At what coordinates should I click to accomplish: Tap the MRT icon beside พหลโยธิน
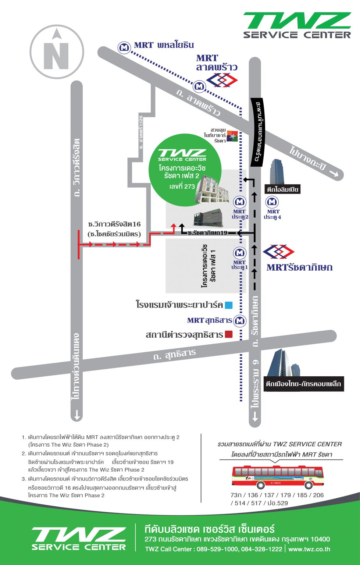pyautogui.click(x=124, y=47)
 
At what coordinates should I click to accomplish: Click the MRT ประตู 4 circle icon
pyautogui.click(x=272, y=202)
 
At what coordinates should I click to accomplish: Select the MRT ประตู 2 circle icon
pyautogui.click(x=240, y=202)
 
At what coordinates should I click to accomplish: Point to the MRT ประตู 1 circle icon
pyautogui.click(x=240, y=253)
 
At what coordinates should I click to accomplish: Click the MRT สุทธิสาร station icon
pyautogui.click(x=240, y=321)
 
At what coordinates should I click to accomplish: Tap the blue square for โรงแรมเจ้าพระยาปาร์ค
pyautogui.click(x=229, y=305)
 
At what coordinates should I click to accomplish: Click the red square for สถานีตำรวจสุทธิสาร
pyautogui.click(x=229, y=334)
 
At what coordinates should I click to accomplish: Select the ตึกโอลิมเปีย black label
pyautogui.click(x=282, y=189)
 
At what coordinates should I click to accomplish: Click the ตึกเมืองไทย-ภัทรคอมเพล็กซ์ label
pyautogui.click(x=304, y=384)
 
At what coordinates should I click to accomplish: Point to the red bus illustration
pyautogui.click(x=277, y=477)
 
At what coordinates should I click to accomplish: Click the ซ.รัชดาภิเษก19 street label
pyautogui.click(x=207, y=233)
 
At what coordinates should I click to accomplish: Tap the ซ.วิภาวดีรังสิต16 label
pyautogui.click(x=114, y=224)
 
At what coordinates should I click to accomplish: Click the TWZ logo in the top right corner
pyautogui.click(x=297, y=25)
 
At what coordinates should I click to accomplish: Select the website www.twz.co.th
pyautogui.click(x=309, y=549)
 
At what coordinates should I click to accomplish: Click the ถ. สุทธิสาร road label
pyautogui.click(x=175, y=354)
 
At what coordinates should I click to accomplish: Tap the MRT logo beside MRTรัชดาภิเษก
pyautogui.click(x=278, y=252)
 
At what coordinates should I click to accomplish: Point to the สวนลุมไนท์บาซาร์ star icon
pyautogui.click(x=232, y=136)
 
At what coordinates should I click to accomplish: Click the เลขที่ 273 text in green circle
pyautogui.click(x=182, y=186)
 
